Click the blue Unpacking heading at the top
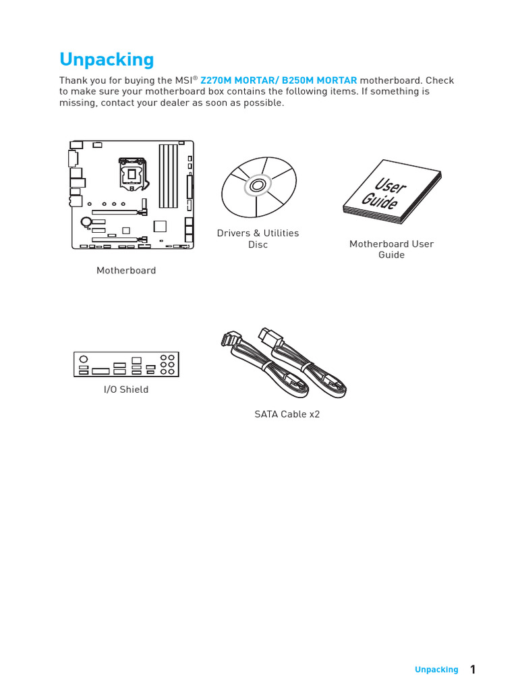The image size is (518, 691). coord(107,59)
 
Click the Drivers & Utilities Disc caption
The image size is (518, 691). coord(258,238)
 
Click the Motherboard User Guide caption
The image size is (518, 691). coord(391,249)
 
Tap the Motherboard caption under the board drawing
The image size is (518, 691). coord(126,270)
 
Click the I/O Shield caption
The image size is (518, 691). coord(126,389)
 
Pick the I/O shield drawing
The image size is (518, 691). coord(126,364)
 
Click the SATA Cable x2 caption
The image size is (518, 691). coord(287,414)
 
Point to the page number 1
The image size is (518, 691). coord(473,669)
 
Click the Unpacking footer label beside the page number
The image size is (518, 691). coord(436,669)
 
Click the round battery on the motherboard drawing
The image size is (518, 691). coord(86,220)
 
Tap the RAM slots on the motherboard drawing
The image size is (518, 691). coord(167,175)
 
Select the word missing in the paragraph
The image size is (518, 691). coord(78,103)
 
